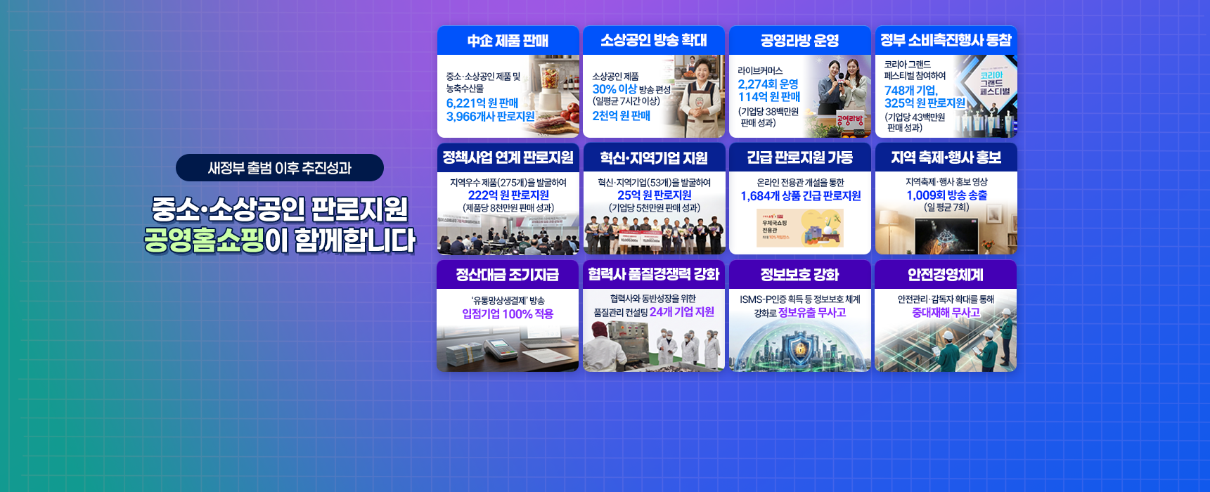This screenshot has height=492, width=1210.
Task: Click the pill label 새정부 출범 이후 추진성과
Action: tap(279, 168)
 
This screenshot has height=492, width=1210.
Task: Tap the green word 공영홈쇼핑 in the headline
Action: tap(204, 240)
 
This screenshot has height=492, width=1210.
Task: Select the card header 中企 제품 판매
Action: tap(508, 41)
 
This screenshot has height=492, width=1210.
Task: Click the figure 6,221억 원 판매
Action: tap(482, 103)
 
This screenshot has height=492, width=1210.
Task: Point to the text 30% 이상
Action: tap(614, 89)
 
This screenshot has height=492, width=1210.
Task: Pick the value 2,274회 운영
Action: tap(767, 84)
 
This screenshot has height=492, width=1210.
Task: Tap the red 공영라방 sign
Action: tap(849, 121)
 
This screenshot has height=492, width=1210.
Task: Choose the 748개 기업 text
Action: tap(910, 90)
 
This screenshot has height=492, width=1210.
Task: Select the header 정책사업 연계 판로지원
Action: tap(508, 157)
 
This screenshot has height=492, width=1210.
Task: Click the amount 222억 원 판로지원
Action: tap(508, 195)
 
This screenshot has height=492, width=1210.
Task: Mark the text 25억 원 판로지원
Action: tap(654, 195)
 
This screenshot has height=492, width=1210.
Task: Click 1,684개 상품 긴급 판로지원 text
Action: tap(800, 195)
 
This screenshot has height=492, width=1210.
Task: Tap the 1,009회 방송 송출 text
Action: tap(946, 195)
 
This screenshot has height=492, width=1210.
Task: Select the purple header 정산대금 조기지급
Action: tap(508, 275)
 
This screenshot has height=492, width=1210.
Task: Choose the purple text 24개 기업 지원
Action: tap(681, 311)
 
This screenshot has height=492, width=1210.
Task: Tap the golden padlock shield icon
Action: tap(800, 348)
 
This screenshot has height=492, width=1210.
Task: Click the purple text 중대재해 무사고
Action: tap(946, 312)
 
